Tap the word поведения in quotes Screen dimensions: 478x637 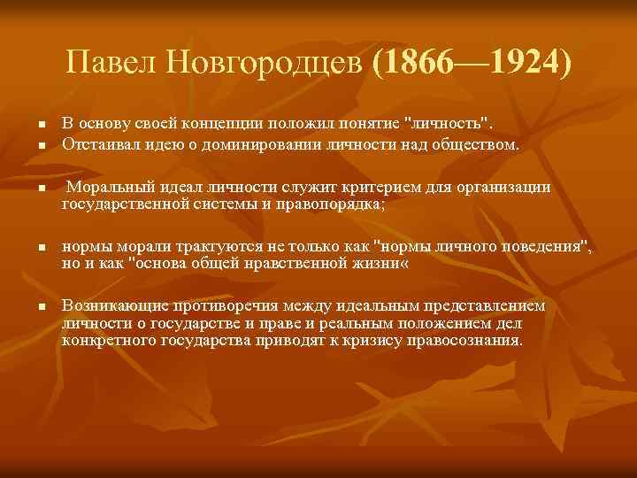tap(539, 246)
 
